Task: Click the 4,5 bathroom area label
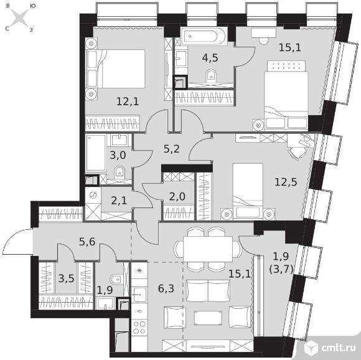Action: [x=210, y=58]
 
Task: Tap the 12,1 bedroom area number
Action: [x=128, y=102]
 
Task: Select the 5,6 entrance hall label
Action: [x=87, y=242]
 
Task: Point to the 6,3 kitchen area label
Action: [x=166, y=288]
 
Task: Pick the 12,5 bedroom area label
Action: [x=286, y=182]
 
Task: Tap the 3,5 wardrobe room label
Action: [x=66, y=278]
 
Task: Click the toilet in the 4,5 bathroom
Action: [x=210, y=75]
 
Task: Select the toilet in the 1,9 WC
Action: [x=116, y=280]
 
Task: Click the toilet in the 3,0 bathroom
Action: [x=120, y=171]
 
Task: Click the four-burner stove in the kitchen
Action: [x=139, y=327]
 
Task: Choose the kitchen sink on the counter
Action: [x=139, y=295]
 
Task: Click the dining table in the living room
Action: [x=208, y=249]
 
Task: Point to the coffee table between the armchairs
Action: [x=208, y=318]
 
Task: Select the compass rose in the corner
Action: [x=19, y=17]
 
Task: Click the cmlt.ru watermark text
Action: [x=338, y=348]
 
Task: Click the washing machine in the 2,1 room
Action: [x=93, y=195]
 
